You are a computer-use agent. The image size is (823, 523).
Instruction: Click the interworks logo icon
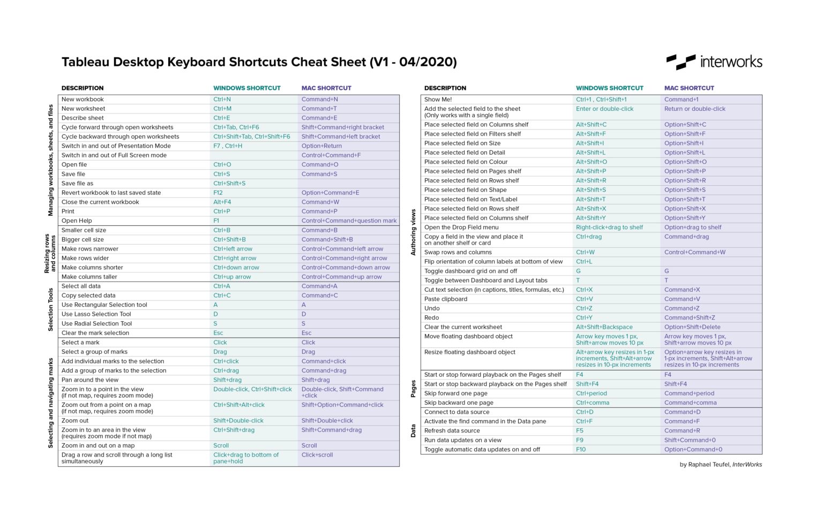pyautogui.click(x=680, y=62)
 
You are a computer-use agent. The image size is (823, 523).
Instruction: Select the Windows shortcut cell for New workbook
pyautogui.click(x=222, y=100)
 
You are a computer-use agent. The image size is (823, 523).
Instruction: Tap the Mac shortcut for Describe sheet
pyautogui.click(x=319, y=118)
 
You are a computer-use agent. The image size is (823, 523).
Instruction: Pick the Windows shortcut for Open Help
pyautogui.click(x=216, y=221)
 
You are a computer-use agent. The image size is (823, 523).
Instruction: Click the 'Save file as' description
pyautogui.click(x=77, y=184)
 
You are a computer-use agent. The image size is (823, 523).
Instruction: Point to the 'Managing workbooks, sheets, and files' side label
pyautogui.click(x=51, y=160)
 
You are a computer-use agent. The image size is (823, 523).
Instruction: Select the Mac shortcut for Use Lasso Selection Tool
pyautogui.click(x=304, y=314)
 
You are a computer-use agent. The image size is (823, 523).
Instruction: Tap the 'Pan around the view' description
pyautogui.click(x=90, y=380)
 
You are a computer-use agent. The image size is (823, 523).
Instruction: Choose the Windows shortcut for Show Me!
pyautogui.click(x=601, y=100)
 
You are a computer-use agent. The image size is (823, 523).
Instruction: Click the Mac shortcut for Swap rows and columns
pyautogui.click(x=695, y=253)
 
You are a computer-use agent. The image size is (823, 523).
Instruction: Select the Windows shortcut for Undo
pyautogui.click(x=584, y=308)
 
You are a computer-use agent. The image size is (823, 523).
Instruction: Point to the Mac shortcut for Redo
pyautogui.click(x=690, y=318)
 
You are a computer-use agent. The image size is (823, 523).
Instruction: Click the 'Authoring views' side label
pyautogui.click(x=413, y=232)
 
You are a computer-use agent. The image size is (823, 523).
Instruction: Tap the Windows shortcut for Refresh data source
pyautogui.click(x=580, y=431)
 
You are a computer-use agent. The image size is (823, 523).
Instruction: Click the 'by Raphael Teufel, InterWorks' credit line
pyautogui.click(x=721, y=465)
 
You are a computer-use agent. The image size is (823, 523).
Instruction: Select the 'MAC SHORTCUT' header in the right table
pyautogui.click(x=689, y=88)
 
